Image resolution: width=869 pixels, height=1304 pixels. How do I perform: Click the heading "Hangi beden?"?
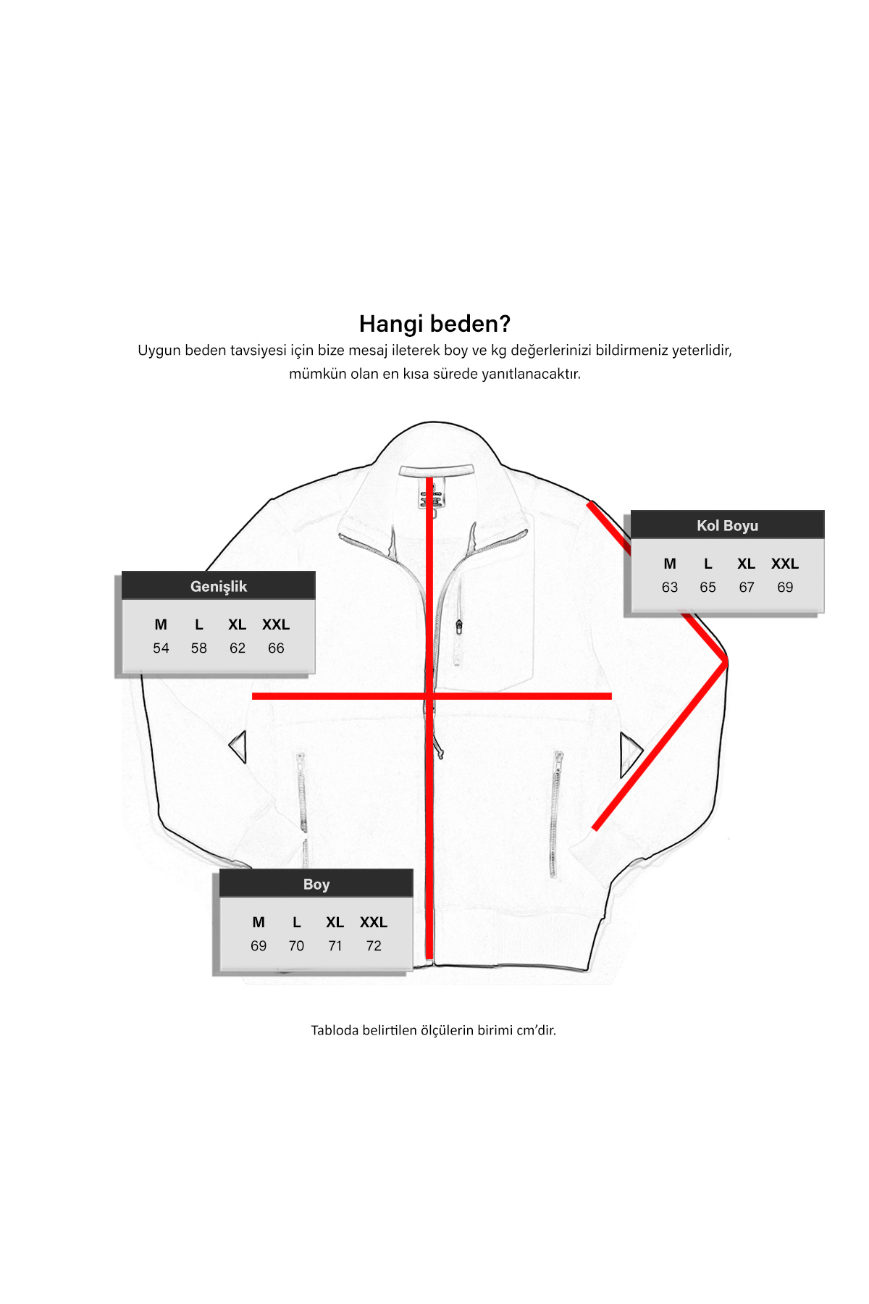click(x=434, y=324)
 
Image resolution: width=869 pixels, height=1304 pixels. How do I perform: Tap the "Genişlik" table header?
click(x=219, y=586)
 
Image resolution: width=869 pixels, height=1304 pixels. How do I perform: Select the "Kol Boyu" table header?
click(x=727, y=525)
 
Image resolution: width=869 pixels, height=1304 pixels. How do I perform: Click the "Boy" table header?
click(x=316, y=884)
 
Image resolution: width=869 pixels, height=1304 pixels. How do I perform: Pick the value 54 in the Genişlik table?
click(x=161, y=648)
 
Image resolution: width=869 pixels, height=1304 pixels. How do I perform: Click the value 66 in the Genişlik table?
click(x=276, y=648)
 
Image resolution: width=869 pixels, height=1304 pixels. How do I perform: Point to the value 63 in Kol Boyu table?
click(x=670, y=588)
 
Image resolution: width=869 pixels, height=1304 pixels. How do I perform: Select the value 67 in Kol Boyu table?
click(x=747, y=588)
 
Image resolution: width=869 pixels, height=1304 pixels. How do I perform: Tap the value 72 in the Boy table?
click(x=374, y=946)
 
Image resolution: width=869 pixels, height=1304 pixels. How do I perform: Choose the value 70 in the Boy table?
click(x=296, y=946)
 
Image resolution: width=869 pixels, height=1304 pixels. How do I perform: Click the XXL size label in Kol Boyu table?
click(x=785, y=564)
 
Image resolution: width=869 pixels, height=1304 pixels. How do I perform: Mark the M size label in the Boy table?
click(x=259, y=922)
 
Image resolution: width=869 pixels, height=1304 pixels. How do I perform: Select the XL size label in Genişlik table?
click(x=237, y=624)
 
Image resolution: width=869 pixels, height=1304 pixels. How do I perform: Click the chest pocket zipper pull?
click(x=459, y=627)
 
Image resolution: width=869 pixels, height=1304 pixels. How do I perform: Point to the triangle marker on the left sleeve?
click(x=238, y=746)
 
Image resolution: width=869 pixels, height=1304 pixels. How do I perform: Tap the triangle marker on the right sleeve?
click(x=630, y=753)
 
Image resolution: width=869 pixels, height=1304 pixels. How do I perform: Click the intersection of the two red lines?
click(x=429, y=696)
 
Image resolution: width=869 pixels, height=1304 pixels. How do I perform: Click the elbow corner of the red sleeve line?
click(x=725, y=661)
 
